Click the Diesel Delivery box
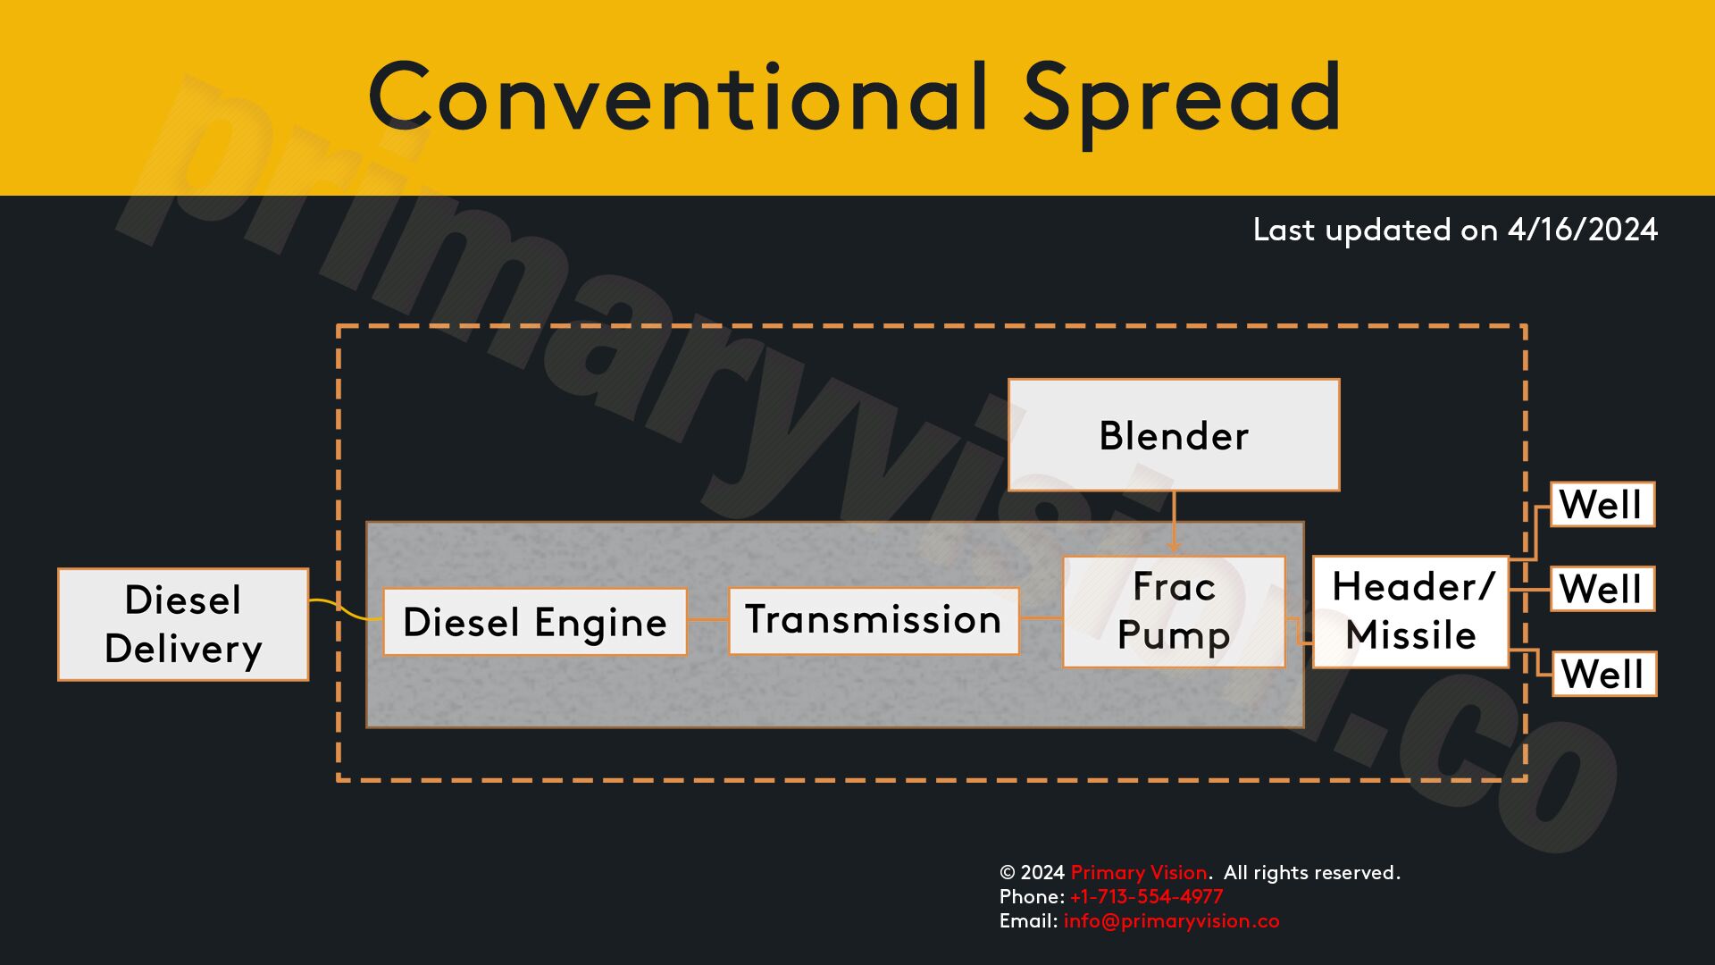coord(183,625)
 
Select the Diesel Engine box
coord(535,622)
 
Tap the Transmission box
coord(874,621)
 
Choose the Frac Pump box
coord(1174,612)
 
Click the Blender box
coord(1174,435)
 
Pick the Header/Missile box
coord(1410,612)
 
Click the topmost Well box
coord(1602,505)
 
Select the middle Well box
coord(1602,589)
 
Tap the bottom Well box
coord(1604,674)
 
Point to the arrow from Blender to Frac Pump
coord(1174,523)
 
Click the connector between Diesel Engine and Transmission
coord(708,620)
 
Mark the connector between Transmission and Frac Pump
coord(1041,617)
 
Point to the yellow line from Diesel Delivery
coord(346,609)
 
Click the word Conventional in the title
coord(679,96)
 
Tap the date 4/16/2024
coord(1582,230)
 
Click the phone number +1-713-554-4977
coord(1146,896)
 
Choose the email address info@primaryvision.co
coord(1171,921)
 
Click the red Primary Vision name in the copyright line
coord(1139,872)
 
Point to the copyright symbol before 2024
coord(1008,873)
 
